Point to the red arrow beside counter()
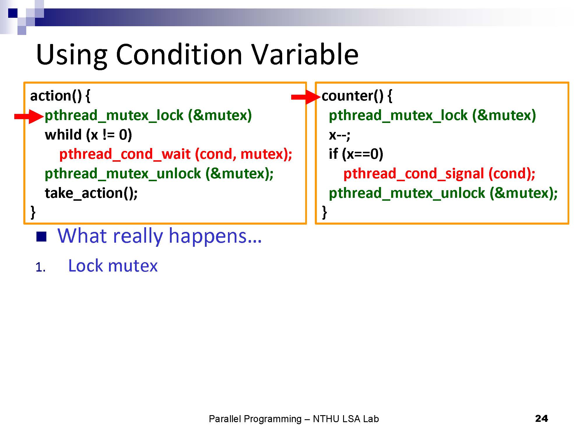(x=306, y=97)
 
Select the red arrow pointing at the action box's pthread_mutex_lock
(x=29, y=117)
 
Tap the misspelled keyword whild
(x=63, y=135)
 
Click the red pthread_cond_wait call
(x=175, y=154)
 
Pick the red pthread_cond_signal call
(x=439, y=174)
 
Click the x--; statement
(x=340, y=135)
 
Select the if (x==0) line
(x=356, y=154)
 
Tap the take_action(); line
(x=91, y=193)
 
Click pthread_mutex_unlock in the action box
(x=123, y=174)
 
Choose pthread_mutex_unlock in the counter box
(x=407, y=193)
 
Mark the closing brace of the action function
(x=33, y=212)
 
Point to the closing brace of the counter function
(x=324, y=212)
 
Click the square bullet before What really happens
(x=41, y=237)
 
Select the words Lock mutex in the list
(x=113, y=266)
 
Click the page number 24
(x=542, y=419)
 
